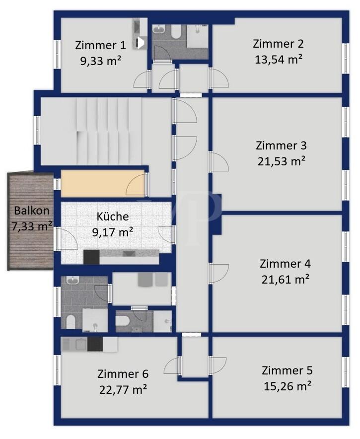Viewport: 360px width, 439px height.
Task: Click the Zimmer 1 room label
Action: tap(100, 45)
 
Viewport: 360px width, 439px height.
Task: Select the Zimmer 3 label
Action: tap(281, 146)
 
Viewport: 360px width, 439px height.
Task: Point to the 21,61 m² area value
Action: tap(285, 280)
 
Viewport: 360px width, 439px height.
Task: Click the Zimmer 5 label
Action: tap(287, 370)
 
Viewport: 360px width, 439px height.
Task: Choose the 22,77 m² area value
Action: tap(123, 390)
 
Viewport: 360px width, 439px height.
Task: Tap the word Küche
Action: tap(113, 217)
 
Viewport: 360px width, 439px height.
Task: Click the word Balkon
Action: tap(32, 211)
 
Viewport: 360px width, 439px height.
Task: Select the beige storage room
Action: tap(102, 183)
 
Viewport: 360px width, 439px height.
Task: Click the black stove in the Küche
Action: tap(91, 257)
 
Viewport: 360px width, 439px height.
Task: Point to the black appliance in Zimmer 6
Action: tap(95, 344)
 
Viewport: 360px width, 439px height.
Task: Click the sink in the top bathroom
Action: tap(159, 29)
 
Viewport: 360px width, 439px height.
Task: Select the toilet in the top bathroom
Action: tap(176, 32)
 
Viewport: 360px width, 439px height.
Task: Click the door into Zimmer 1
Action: tap(143, 78)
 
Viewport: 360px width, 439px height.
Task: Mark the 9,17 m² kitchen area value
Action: tap(113, 232)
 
